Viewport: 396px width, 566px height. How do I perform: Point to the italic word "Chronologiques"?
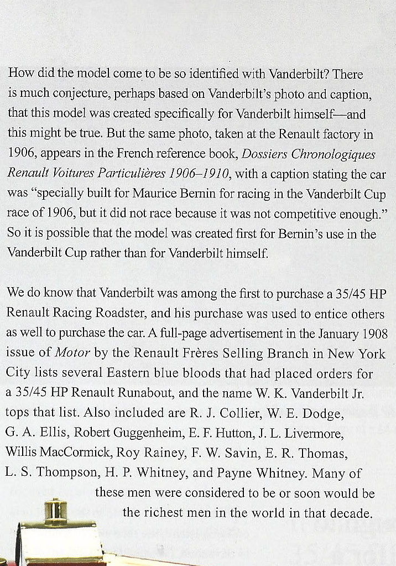(331, 154)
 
